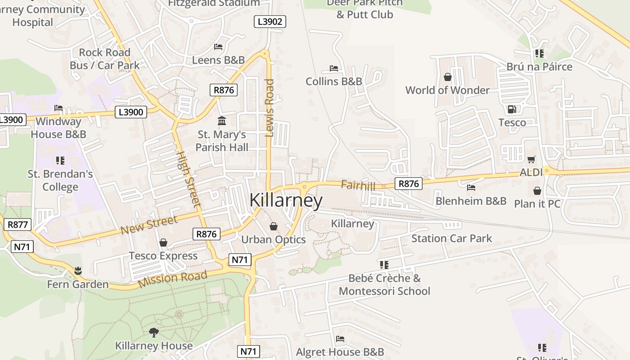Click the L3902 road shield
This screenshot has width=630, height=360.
(270, 22)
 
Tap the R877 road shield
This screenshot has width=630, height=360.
(18, 225)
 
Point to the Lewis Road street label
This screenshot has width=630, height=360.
(270, 108)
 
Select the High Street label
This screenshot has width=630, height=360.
(188, 179)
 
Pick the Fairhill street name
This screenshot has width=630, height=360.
(358, 185)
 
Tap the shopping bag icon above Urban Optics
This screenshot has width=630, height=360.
(273, 226)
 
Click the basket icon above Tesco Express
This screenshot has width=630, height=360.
(163, 243)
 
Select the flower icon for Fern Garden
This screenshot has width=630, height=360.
(78, 271)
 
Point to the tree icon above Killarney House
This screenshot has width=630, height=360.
(154, 333)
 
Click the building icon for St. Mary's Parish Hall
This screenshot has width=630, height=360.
(222, 121)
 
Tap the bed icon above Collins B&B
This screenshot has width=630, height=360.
(334, 68)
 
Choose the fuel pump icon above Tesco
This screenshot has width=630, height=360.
(512, 109)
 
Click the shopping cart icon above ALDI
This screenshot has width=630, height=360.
(531, 159)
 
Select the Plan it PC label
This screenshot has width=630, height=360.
(537, 204)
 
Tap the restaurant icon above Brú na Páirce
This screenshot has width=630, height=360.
(539, 54)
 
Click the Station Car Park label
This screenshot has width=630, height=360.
(452, 238)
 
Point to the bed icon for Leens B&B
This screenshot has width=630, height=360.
(218, 47)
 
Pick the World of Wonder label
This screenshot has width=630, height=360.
(447, 90)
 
